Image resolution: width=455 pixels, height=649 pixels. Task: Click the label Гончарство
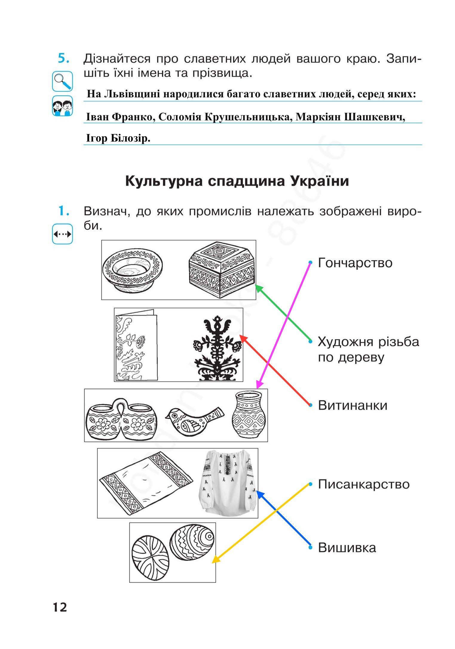pyautogui.click(x=355, y=263)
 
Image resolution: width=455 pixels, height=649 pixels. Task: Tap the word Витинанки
pyautogui.click(x=353, y=406)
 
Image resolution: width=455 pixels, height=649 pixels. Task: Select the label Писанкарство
pyautogui.click(x=364, y=484)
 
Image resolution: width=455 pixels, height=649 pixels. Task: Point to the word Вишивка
pyautogui.click(x=347, y=548)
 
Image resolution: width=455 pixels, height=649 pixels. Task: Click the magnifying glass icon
pyautogui.click(x=62, y=81)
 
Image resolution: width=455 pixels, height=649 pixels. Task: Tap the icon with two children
pyautogui.click(x=62, y=106)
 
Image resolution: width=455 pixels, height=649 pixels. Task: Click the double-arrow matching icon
pyautogui.click(x=62, y=234)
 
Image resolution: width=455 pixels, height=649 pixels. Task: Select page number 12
pyautogui.click(x=60, y=607)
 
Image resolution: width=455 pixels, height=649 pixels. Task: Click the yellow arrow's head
pyautogui.click(x=213, y=562)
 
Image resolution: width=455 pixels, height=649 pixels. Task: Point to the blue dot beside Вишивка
pyautogui.click(x=310, y=547)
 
